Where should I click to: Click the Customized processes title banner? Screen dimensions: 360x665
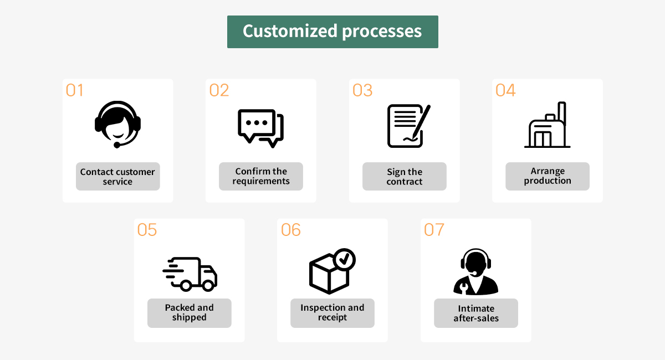[332, 32]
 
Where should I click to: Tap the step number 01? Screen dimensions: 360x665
[74, 90]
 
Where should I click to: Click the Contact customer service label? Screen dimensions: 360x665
[117, 177]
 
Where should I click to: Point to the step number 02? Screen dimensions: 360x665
[219, 90]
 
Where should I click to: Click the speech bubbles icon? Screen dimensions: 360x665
[260, 128]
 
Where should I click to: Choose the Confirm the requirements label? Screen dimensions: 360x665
[261, 177]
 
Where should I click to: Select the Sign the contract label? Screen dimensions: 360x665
[405, 177]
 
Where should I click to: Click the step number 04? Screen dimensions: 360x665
[505, 90]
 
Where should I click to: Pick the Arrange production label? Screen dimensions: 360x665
[548, 177]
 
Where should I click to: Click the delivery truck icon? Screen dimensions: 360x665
[190, 274]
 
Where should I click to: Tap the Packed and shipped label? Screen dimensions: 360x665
[189, 313]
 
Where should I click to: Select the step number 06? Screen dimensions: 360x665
[291, 230]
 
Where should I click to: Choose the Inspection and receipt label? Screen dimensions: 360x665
[332, 313]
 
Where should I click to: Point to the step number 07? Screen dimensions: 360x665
[434, 230]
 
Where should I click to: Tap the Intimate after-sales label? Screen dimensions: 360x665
[476, 313]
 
